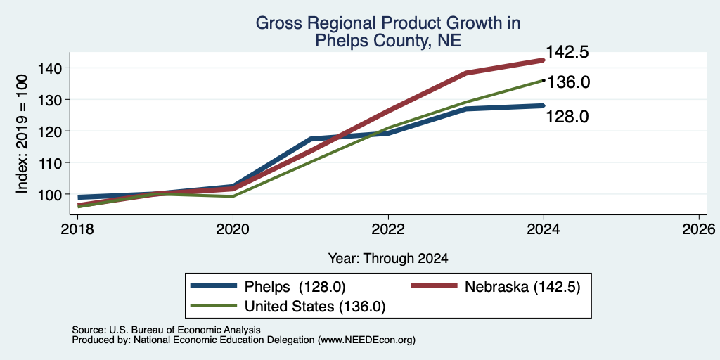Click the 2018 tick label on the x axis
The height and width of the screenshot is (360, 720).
78,229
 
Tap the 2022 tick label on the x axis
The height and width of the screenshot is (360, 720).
388,229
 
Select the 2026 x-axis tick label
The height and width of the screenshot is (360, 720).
698,229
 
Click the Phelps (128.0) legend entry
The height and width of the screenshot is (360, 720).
268,287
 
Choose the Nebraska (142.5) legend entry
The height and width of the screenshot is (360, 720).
496,287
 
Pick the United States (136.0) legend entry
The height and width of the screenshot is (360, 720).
288,306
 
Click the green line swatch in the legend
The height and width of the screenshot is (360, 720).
214,305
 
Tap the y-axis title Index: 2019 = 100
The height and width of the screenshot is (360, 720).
22,134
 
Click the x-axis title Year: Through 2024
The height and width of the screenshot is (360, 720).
388,259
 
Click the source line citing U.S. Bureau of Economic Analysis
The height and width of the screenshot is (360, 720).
166,330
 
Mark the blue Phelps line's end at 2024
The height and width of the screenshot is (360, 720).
544,105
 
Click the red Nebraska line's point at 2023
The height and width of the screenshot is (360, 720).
466,73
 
